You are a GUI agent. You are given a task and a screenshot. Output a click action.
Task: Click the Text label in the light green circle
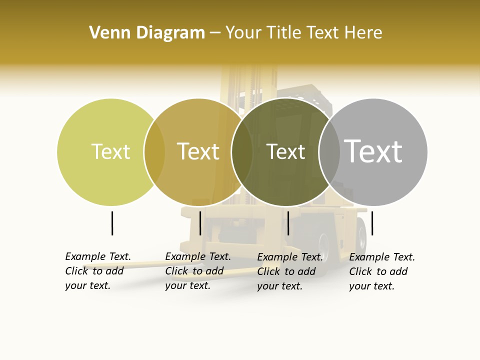coord(110,151)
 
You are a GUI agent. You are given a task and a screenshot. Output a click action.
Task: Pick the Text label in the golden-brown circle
coord(198,151)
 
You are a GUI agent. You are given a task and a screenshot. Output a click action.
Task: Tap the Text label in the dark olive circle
coord(285,151)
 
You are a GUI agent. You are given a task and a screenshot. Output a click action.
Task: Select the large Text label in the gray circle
coord(373,151)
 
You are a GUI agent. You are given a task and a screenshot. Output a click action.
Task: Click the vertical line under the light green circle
coord(112,223)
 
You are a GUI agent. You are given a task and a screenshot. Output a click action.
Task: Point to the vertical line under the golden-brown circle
coord(200,223)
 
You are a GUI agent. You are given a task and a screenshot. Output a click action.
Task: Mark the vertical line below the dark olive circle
coord(288,223)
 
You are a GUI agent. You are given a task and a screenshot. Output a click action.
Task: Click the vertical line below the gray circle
coord(372,223)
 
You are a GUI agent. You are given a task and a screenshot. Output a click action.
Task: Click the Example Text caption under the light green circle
coord(98,271)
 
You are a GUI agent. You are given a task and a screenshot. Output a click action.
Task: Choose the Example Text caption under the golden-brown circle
coord(198,271)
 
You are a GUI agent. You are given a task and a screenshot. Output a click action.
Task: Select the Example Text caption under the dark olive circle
coord(290,271)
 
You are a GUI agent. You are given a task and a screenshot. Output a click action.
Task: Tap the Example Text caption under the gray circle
coord(382,271)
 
